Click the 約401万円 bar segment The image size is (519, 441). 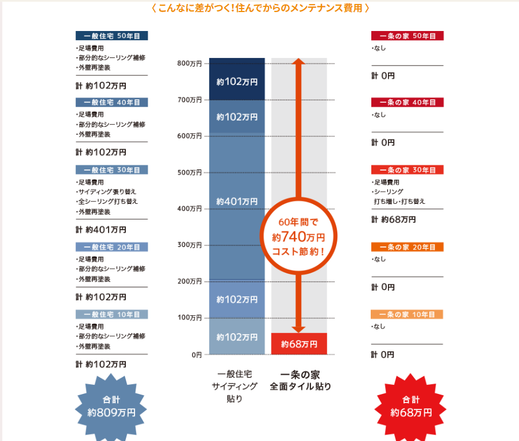[x=237, y=202]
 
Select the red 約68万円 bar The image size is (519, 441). [x=299, y=344]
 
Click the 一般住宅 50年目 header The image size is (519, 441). [x=112, y=36]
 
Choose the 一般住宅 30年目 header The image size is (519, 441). [x=112, y=170]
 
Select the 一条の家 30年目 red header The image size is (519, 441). [x=407, y=170]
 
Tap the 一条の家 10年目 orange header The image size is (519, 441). [x=407, y=315]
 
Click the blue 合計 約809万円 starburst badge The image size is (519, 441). [x=112, y=406]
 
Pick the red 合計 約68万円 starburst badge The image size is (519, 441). [x=410, y=406]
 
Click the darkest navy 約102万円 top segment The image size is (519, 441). [x=237, y=82]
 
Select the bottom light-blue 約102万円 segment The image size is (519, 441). [x=237, y=337]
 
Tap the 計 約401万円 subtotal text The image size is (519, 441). [x=101, y=230]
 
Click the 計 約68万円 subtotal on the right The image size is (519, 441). [x=394, y=219]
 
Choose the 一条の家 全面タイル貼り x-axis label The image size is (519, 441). [x=300, y=381]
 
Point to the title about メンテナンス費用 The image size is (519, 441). [x=260, y=8]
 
